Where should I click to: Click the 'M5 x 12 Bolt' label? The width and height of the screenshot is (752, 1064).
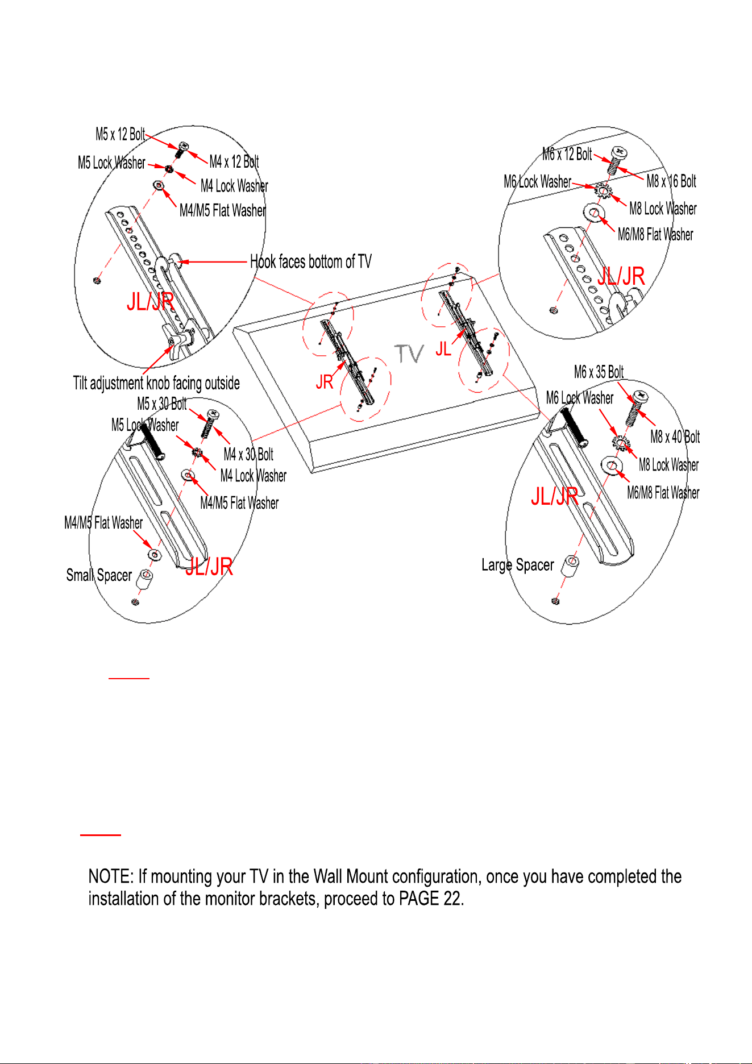coord(121,135)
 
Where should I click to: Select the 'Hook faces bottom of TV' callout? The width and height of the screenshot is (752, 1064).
coord(311,262)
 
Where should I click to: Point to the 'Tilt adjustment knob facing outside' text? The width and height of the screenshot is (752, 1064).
coord(156,383)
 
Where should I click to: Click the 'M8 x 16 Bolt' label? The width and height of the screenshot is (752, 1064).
coord(671,181)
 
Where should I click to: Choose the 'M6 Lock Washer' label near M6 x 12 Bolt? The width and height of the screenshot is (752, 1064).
coord(537,182)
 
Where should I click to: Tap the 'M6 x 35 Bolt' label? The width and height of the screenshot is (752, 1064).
coord(599,372)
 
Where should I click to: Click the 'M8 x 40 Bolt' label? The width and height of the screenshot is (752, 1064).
coord(675,437)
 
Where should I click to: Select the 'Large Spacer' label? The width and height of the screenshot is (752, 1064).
coord(517,565)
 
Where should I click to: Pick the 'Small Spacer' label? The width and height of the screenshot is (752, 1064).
coord(99,575)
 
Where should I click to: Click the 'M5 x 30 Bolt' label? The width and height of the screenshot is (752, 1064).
coord(162,404)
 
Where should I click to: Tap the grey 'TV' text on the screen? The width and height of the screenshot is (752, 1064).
coord(409,354)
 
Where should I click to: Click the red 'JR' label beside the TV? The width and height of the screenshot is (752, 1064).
coord(325,382)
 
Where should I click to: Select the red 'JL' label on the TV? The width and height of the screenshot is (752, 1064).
coord(443,349)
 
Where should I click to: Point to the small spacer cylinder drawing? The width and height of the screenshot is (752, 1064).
coord(146,579)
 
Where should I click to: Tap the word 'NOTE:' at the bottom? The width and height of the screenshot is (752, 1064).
coord(111,876)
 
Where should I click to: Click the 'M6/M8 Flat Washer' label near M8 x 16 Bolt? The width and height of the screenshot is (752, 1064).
coord(655,234)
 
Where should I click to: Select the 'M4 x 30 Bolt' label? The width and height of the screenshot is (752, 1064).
coord(248,454)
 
